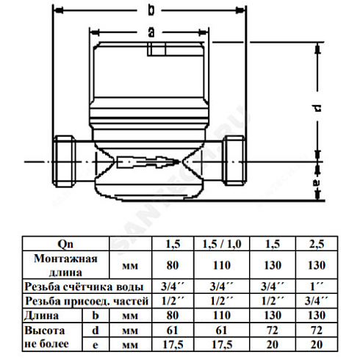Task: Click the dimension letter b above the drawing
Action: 151,10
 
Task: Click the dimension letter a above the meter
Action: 151,32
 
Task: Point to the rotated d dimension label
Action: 317,108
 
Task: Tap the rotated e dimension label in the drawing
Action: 317,183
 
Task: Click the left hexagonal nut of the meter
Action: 64,162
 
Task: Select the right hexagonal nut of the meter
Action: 234,161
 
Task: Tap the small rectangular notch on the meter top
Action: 156,49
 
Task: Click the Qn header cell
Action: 65,244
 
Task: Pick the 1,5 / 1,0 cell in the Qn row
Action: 222,244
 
